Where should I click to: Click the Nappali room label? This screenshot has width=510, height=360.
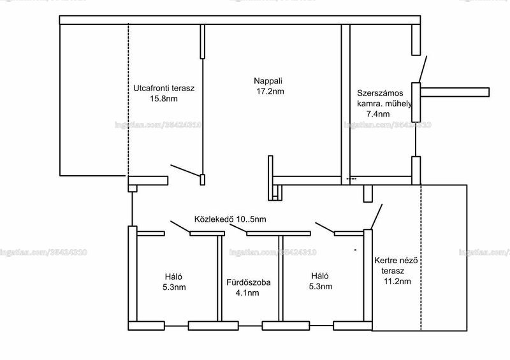268,81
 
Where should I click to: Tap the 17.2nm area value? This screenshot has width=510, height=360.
270,91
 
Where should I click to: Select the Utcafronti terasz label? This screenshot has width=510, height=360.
164,88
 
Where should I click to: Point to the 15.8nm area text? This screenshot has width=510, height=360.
164,99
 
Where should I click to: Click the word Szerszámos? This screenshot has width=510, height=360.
380,93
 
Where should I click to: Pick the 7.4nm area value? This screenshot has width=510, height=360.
378,114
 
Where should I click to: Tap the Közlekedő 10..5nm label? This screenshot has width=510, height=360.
230,219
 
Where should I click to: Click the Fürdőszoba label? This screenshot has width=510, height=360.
249,282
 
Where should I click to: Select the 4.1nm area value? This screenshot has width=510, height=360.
247,293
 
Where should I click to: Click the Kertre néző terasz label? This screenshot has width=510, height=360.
395,265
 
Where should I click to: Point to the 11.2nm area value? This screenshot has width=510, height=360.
397,282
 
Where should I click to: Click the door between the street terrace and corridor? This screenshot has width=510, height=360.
185,170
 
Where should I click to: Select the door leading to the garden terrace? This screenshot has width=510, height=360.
377,217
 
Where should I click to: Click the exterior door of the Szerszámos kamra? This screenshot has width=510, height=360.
423,69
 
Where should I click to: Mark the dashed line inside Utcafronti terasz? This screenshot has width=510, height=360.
128,99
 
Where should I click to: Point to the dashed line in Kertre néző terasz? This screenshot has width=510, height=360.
421,257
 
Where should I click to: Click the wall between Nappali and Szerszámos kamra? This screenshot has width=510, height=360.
346,104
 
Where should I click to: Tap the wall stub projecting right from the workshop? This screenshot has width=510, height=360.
455,92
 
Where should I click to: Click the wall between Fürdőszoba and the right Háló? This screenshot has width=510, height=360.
280,278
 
